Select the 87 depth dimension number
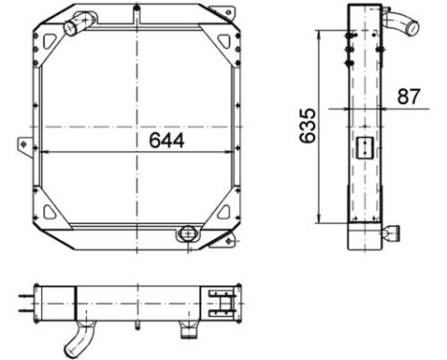pos(409,96)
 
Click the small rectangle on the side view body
pos(365,148)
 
